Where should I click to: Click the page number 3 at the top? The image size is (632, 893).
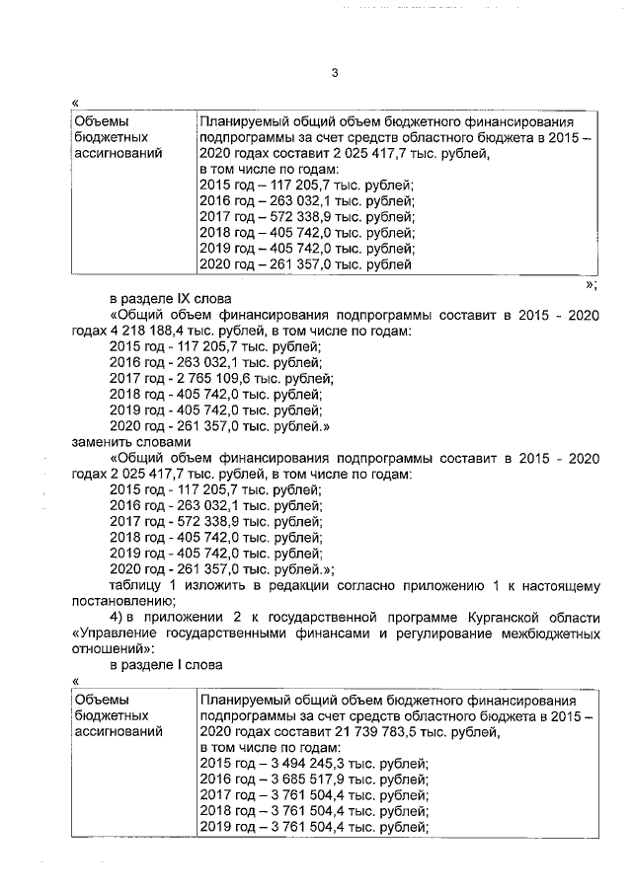(x=335, y=73)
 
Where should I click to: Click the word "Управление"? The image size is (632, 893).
(x=118, y=633)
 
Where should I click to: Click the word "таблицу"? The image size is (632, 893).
(x=136, y=585)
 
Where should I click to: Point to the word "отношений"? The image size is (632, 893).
(x=111, y=649)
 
